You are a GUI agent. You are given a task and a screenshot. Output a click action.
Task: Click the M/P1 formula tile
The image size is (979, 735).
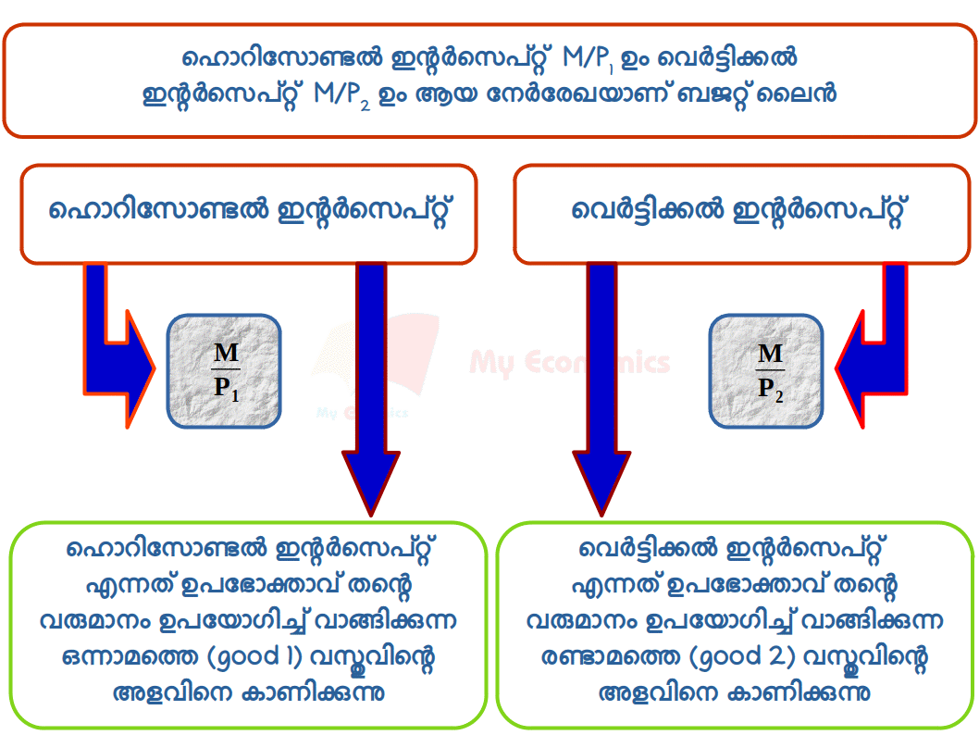point(224,370)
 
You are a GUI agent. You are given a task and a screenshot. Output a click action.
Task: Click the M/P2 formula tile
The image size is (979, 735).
point(766,370)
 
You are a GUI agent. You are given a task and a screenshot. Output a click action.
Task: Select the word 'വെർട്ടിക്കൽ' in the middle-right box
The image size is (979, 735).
point(648,211)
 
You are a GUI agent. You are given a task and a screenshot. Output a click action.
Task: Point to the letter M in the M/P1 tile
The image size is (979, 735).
point(225,353)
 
